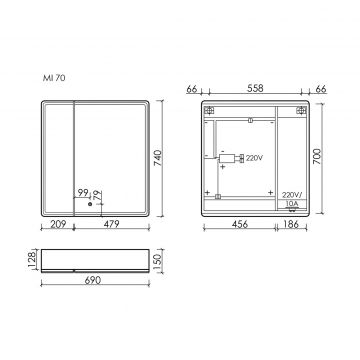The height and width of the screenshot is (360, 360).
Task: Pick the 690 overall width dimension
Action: pos(99,288)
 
